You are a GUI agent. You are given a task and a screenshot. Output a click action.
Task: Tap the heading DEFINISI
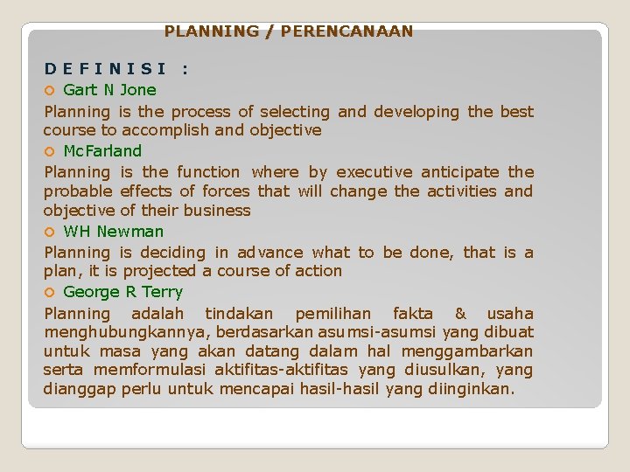(107, 68)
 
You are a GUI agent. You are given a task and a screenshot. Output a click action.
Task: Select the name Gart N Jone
(110, 89)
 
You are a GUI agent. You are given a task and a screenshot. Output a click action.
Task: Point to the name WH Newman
(114, 231)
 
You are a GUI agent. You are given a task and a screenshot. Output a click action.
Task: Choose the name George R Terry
(123, 292)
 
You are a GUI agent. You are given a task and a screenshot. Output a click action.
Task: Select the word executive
(374, 172)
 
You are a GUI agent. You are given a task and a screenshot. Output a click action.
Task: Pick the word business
(218, 210)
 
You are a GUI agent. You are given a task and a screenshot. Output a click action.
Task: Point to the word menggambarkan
(467, 351)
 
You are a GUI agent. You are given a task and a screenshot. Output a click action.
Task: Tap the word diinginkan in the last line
(479, 389)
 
